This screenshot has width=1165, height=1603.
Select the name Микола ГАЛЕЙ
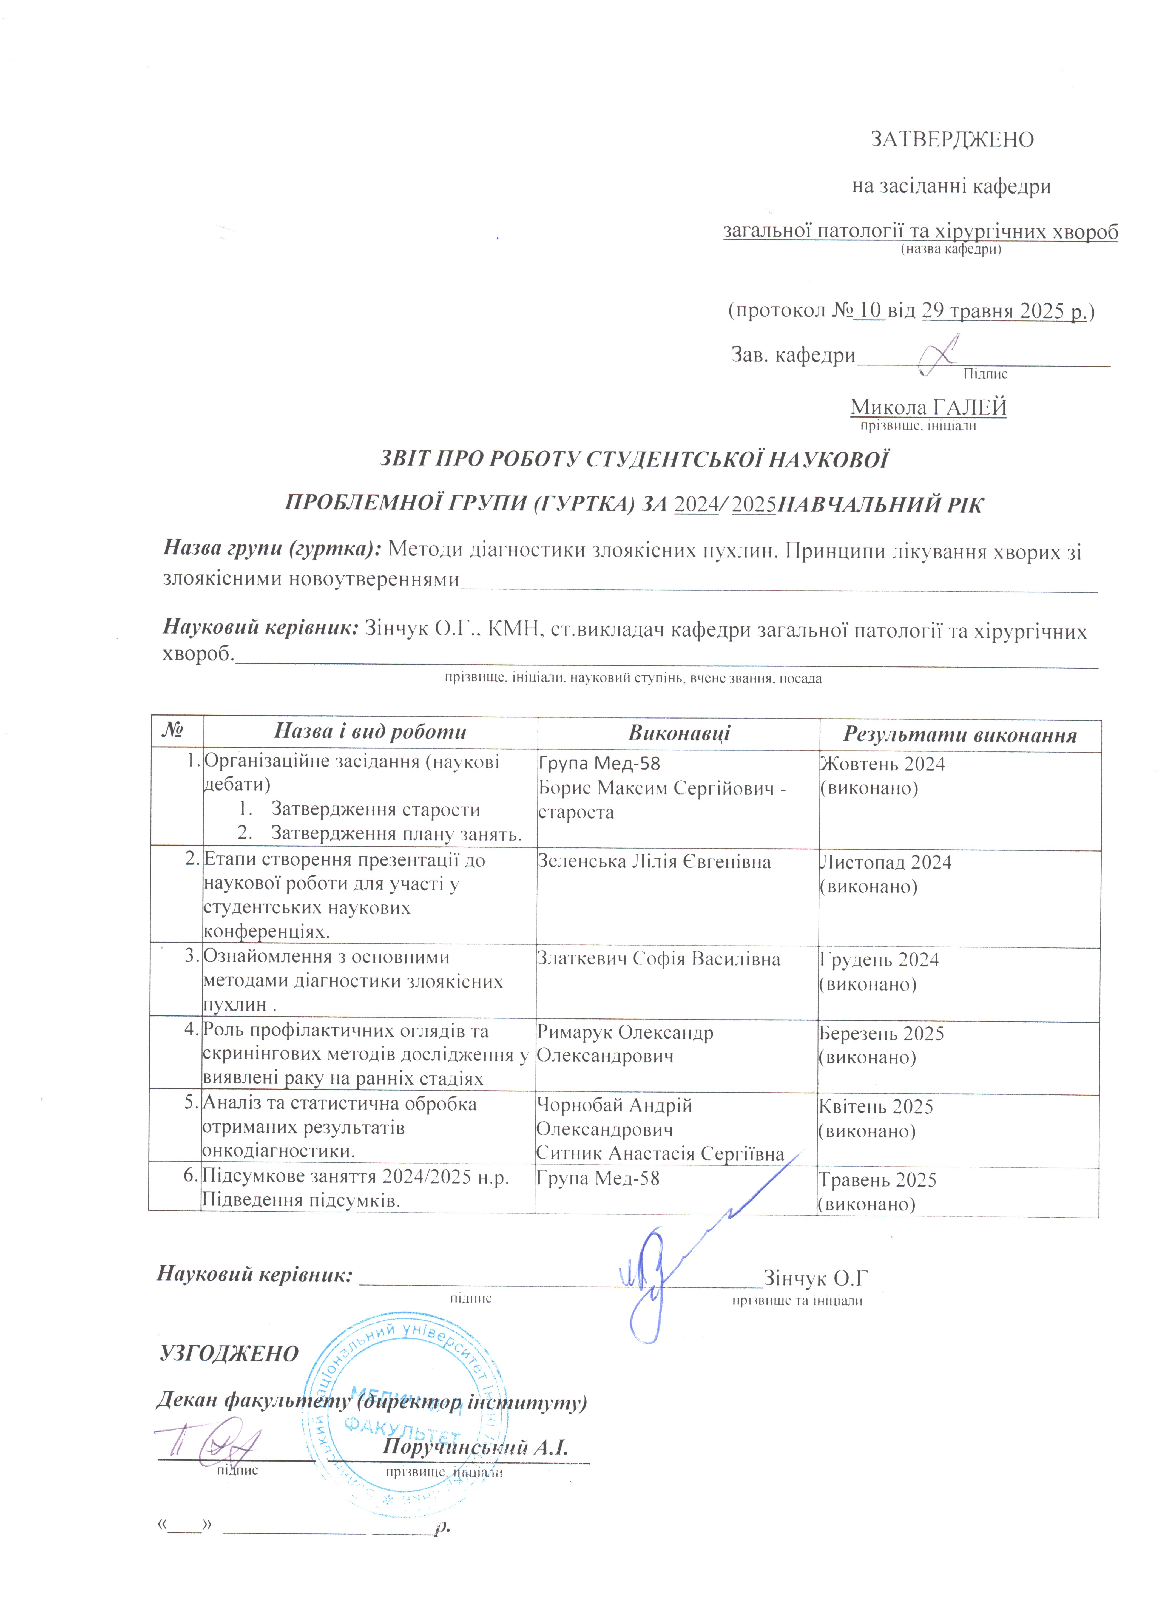pos(928,407)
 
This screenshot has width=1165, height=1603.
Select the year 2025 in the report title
pos(755,505)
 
